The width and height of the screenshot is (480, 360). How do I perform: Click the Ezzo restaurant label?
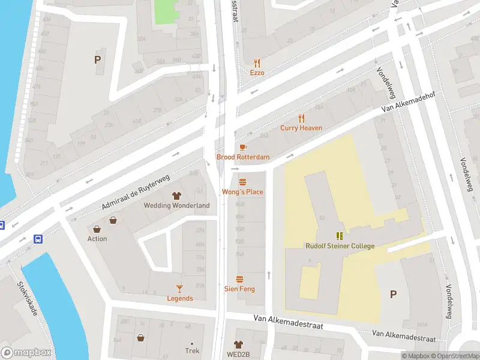click(257, 73)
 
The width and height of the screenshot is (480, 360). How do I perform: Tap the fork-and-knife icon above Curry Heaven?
click(301, 118)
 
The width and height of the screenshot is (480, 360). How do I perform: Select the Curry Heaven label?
click(301, 128)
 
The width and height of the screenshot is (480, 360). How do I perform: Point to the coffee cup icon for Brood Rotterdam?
click(243, 148)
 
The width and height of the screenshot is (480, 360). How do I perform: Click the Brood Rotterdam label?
click(243, 157)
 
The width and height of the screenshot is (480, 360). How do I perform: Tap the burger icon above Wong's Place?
click(243, 182)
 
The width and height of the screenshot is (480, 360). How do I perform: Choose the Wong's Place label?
click(243, 192)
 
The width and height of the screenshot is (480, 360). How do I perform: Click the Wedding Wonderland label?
click(177, 205)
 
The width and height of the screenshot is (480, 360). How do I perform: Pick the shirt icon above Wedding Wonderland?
click(177, 196)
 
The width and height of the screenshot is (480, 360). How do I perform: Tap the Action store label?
click(97, 239)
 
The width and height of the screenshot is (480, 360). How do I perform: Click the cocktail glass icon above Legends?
click(179, 289)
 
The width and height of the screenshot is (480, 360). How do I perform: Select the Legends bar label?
click(179, 298)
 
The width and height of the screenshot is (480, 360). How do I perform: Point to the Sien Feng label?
click(239, 289)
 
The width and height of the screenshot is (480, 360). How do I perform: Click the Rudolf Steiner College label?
click(339, 246)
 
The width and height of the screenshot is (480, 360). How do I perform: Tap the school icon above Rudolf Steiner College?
click(339, 236)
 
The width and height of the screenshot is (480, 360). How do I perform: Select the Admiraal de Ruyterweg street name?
click(136, 191)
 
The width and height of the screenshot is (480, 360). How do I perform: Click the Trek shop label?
click(192, 351)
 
